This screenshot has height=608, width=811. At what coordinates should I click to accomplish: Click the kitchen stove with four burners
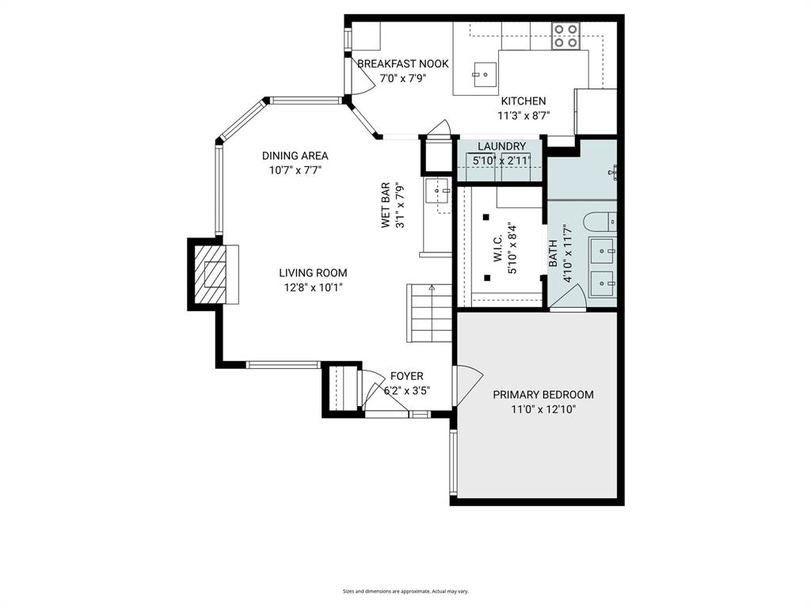click(566, 36)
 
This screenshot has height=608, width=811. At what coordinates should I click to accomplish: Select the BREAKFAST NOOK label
click(402, 64)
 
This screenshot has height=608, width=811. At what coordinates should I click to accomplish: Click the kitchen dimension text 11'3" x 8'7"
click(523, 115)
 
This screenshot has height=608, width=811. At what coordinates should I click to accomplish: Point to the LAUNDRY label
click(501, 146)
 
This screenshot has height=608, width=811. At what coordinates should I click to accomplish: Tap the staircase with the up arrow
click(430, 313)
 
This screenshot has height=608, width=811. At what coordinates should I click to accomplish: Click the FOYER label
click(406, 376)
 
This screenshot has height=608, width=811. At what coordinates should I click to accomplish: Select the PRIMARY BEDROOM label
click(543, 395)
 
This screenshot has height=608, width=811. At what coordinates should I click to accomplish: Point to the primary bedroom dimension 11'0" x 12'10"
click(543, 409)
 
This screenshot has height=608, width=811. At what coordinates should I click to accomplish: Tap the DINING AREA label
click(295, 156)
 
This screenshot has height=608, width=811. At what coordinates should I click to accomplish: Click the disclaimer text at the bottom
click(405, 591)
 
